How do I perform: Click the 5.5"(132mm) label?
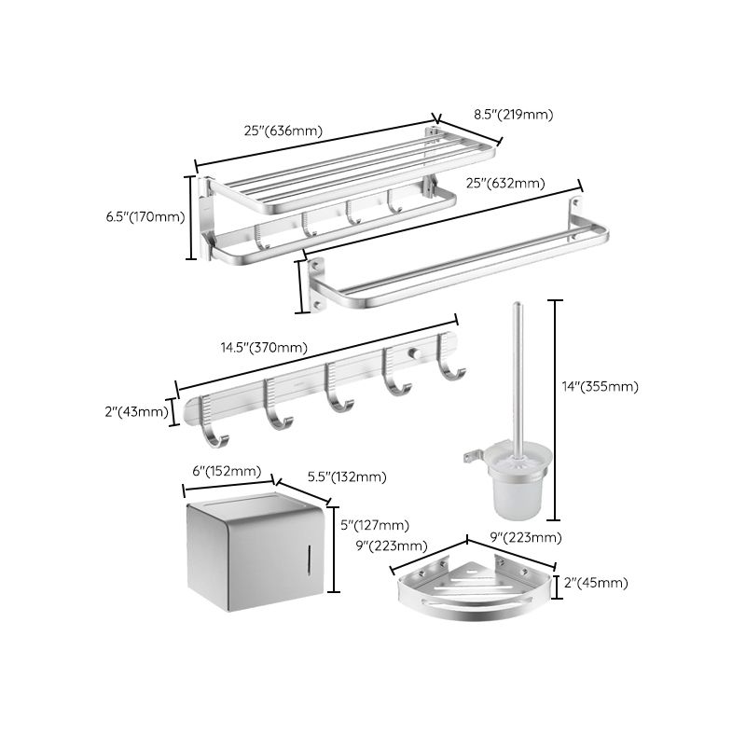(346, 477)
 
